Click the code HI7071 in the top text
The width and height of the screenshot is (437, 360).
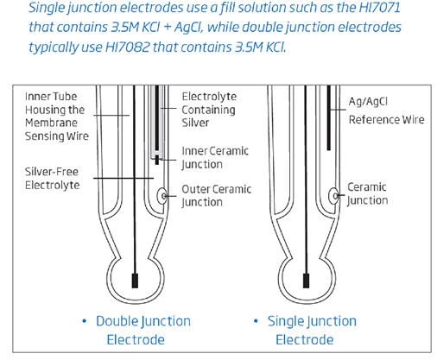coord(379,8)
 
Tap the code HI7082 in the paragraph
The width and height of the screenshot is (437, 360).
coord(128,47)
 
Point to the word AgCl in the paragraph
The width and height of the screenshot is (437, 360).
coord(188,28)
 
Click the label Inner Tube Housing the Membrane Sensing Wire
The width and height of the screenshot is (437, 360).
coord(57,117)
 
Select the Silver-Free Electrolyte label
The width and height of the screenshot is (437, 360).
coord(52,179)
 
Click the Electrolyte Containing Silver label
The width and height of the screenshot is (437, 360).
coord(209,110)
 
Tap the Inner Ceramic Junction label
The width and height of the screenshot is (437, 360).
coord(215,157)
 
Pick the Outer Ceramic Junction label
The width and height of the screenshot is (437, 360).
coord(216,196)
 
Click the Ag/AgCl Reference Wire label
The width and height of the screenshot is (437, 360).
coord(386,111)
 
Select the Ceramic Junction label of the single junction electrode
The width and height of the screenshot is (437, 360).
coord(367,193)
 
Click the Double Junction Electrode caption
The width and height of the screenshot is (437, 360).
coord(143,330)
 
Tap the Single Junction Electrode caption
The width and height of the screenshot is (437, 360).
coord(312,330)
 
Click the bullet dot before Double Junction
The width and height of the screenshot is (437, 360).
coord(85,321)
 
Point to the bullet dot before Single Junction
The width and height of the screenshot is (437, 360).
coord(256,321)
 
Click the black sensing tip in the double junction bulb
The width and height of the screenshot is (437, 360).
coord(135,281)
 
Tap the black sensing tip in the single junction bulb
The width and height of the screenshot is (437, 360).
coord(306,281)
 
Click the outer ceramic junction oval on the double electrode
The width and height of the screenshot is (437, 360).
coord(162,196)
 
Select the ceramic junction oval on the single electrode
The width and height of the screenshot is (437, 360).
coord(333,196)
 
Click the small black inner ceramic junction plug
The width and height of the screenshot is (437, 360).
coord(157,160)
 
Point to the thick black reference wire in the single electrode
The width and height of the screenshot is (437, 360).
coord(329,117)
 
